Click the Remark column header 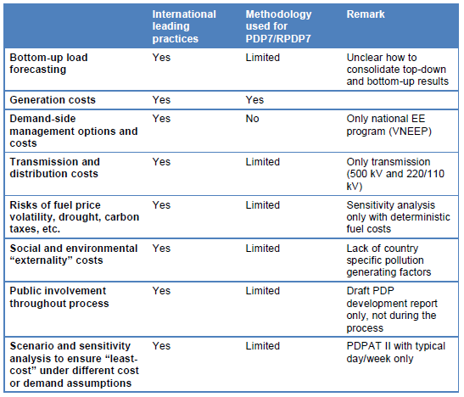(x=366, y=14)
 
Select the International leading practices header (x=184, y=26)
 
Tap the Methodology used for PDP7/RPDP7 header (x=278, y=26)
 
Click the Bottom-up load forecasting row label (x=49, y=64)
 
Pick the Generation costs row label (x=53, y=100)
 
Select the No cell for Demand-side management (x=253, y=119)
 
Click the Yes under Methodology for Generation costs (x=254, y=100)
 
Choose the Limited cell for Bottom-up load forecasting (x=262, y=58)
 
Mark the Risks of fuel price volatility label (x=75, y=217)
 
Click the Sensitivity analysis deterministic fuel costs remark (x=399, y=217)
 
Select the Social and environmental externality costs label (x=74, y=254)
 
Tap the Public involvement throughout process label (x=59, y=297)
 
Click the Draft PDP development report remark (x=392, y=310)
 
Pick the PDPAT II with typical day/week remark (x=396, y=352)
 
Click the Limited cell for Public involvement (x=262, y=291)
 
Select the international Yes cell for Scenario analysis (x=161, y=346)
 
